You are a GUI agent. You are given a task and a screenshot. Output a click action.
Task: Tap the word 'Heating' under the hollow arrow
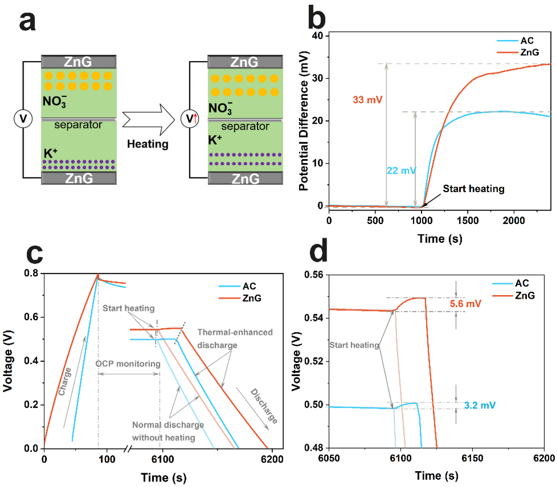pos(148,144)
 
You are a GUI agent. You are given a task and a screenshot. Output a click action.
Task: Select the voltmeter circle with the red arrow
pos(190,119)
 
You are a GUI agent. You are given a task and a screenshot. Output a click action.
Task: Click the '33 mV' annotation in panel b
pos(367,100)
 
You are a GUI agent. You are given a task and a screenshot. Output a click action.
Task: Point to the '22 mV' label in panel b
pos(401,171)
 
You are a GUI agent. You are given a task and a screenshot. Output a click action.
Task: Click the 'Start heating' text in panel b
pos(473,189)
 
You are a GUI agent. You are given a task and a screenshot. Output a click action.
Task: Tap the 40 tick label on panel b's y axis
pos(317,36)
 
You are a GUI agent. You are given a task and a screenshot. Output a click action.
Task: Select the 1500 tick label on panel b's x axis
pos(467,220)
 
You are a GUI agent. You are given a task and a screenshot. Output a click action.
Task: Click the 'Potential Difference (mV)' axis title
pos(304,121)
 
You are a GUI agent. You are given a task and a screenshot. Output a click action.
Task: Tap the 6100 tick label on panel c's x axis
pos(163,459)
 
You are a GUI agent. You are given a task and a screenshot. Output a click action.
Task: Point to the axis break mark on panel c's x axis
pos(128,449)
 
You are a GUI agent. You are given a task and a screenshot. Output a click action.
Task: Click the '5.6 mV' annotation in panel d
pos(465,304)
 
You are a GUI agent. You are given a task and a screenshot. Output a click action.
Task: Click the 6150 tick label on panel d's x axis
pos(472,458)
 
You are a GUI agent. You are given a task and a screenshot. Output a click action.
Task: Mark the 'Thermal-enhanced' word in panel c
pos(235,332)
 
